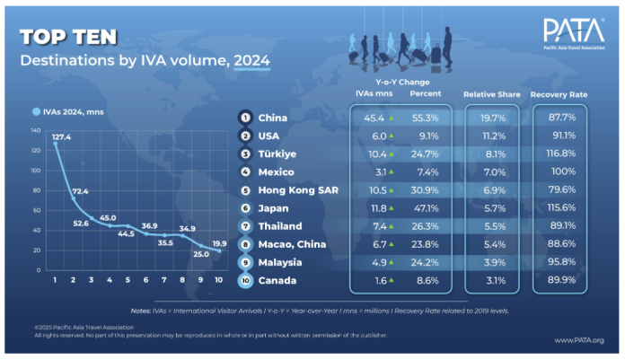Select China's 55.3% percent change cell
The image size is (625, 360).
pyautogui.click(x=424, y=118)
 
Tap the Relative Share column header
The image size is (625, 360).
pyautogui.click(x=489, y=94)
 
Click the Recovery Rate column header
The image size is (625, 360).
pyautogui.click(x=559, y=94)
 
